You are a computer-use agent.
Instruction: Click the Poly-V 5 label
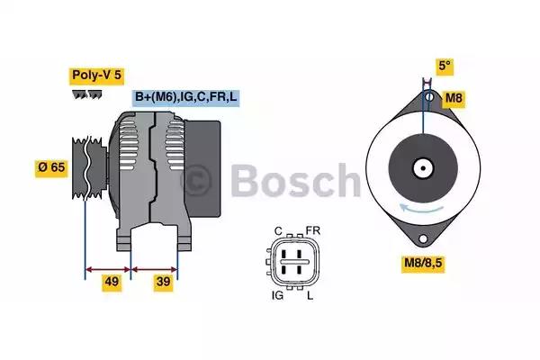click(x=96, y=76)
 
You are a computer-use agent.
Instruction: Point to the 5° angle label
click(x=444, y=66)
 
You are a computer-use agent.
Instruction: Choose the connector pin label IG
click(x=278, y=294)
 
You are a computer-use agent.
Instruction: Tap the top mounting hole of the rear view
click(x=430, y=96)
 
